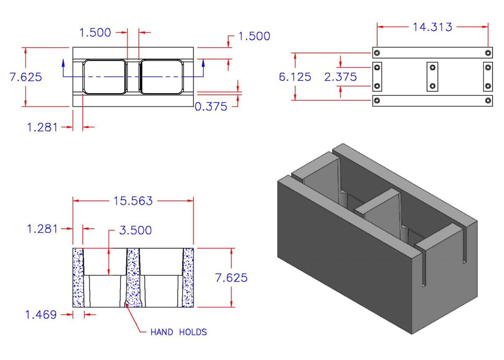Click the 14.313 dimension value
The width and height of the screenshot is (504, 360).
pyautogui.click(x=432, y=27)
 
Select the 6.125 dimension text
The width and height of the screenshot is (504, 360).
pyautogui.click(x=295, y=76)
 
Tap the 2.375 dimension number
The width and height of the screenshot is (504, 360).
pyautogui.click(x=340, y=76)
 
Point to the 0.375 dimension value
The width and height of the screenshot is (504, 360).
pyautogui.click(x=211, y=107)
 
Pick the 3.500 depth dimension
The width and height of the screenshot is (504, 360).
pyautogui.click(x=135, y=230)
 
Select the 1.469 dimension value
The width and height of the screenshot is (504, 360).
pyautogui.click(x=40, y=315)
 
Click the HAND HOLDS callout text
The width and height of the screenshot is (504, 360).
pyautogui.click(x=179, y=332)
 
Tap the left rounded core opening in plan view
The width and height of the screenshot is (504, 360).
pyautogui.click(x=104, y=77)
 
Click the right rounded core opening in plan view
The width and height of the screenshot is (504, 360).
pyautogui.click(x=161, y=77)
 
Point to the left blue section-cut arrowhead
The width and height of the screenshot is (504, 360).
pyautogui.click(x=63, y=62)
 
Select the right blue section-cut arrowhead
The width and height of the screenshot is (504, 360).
pyautogui.click(x=203, y=62)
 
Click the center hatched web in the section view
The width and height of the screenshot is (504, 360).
pyautogui.click(x=133, y=277)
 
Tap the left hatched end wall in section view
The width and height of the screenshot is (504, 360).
pyautogui.click(x=78, y=277)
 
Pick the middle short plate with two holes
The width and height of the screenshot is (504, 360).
pyautogui.click(x=432, y=77)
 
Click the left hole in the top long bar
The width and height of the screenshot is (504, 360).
pyautogui.click(x=377, y=53)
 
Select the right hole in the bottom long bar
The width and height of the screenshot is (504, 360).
pyautogui.click(x=487, y=101)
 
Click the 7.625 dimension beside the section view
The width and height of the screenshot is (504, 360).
pyautogui.click(x=232, y=278)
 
